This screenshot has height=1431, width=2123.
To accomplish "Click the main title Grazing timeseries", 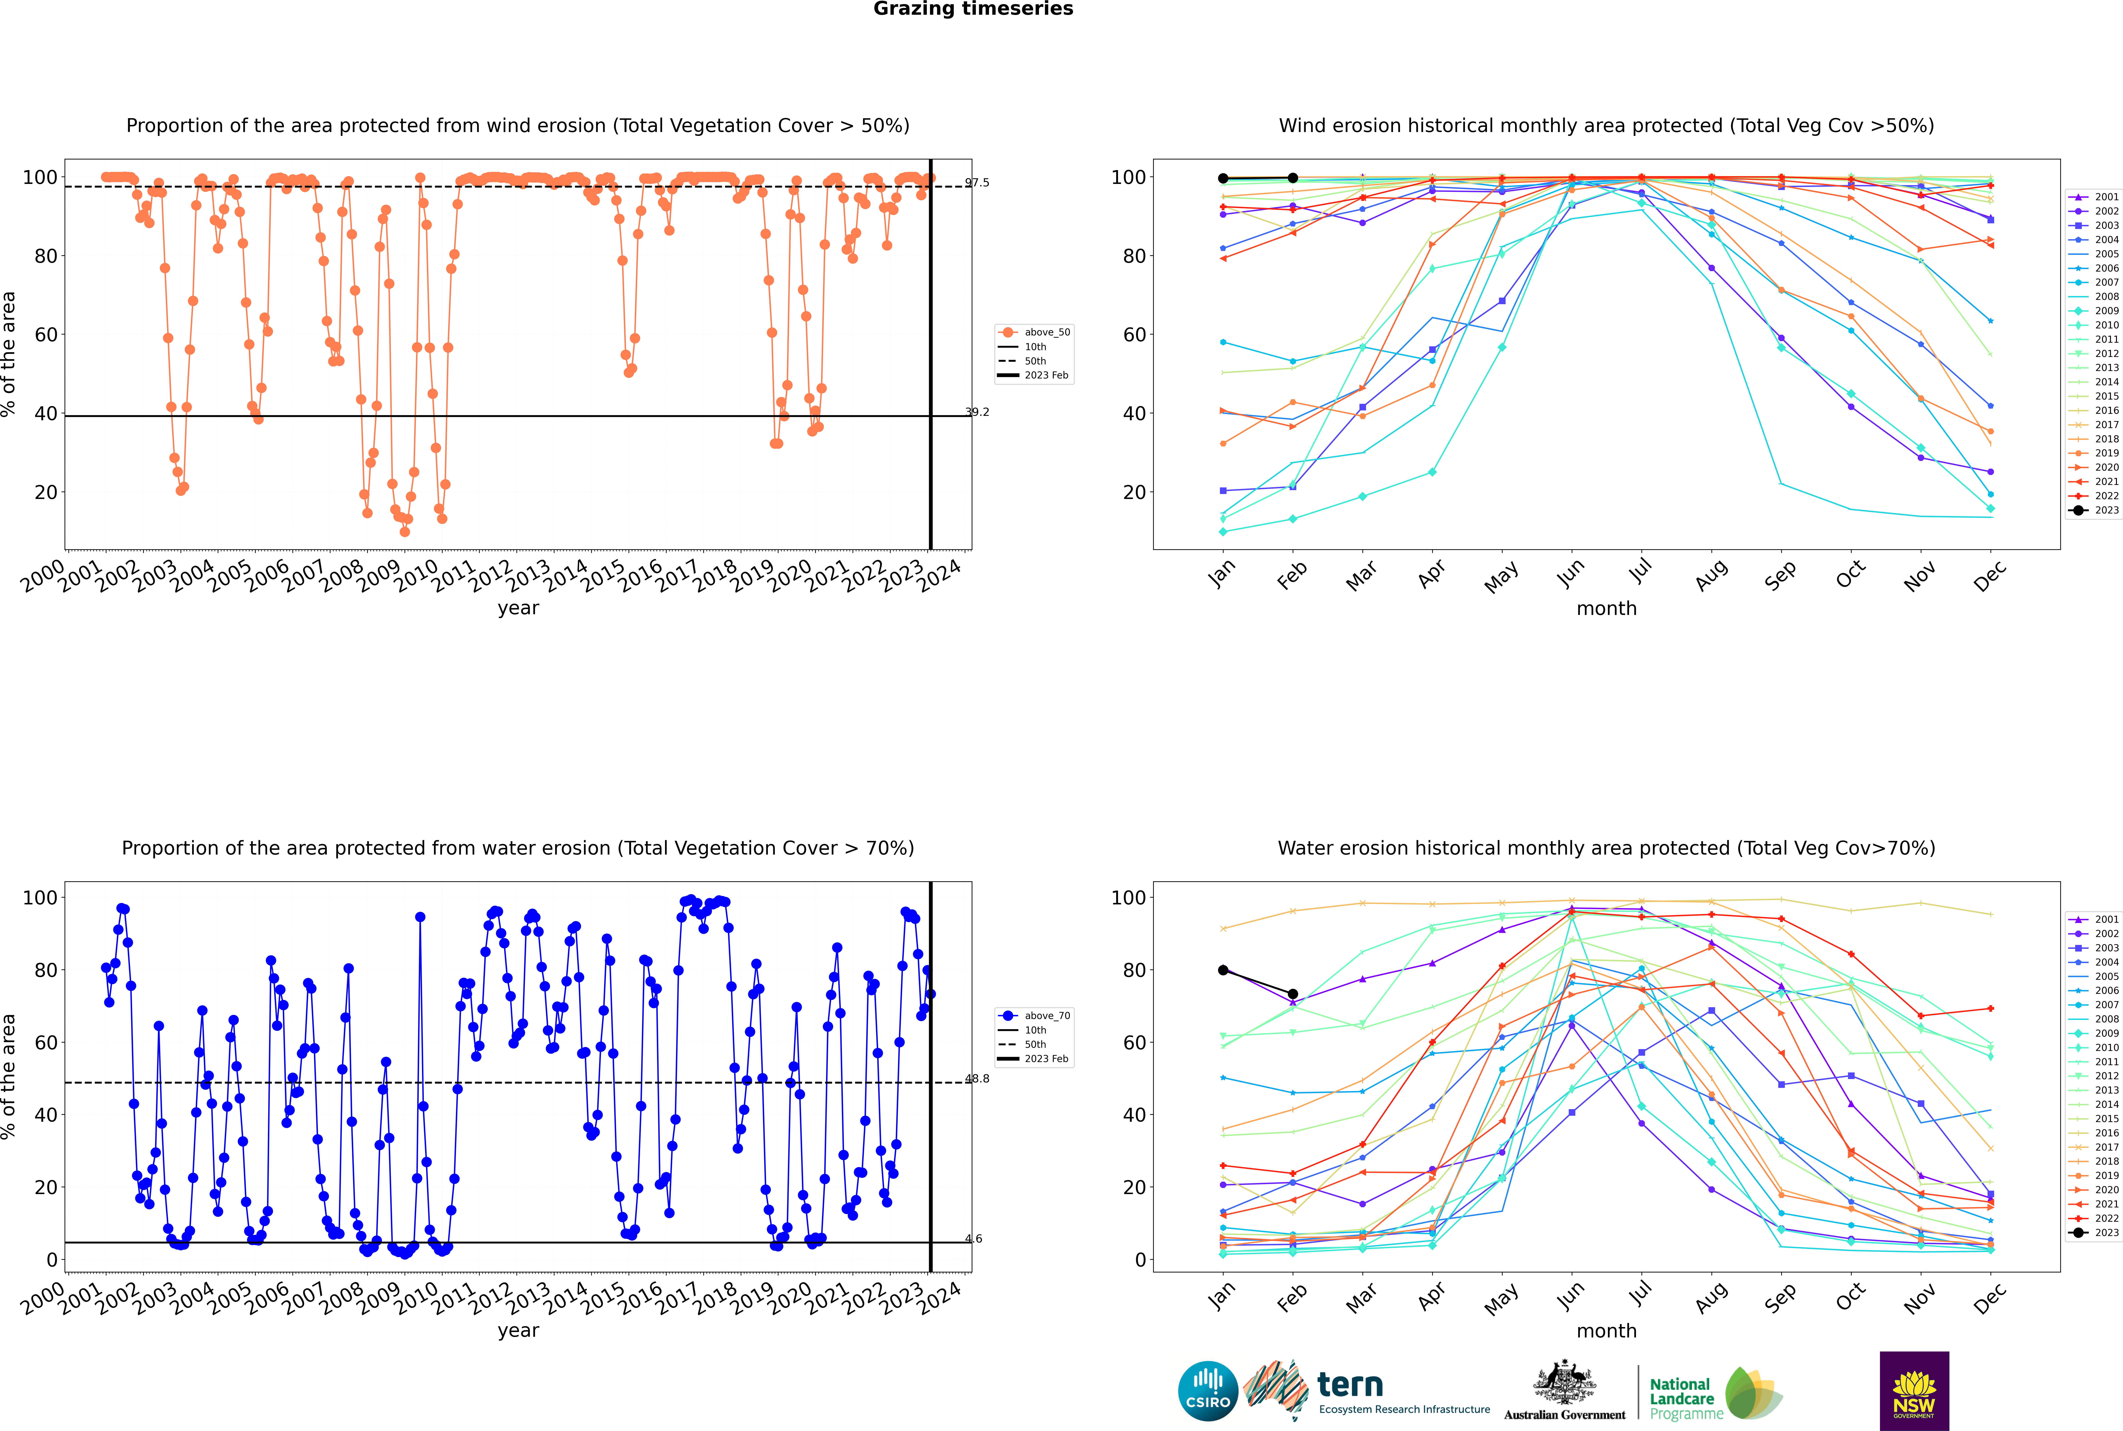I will click(973, 9).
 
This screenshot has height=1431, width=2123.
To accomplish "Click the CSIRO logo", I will click(1207, 1391).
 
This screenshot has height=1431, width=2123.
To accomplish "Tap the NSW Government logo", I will click(1914, 1390).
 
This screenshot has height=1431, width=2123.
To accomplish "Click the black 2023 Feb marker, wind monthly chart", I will click(1292, 178).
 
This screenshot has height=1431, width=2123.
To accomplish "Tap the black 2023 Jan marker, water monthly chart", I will click(1223, 970).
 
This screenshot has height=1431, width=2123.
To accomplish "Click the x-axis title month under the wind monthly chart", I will click(1606, 609).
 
